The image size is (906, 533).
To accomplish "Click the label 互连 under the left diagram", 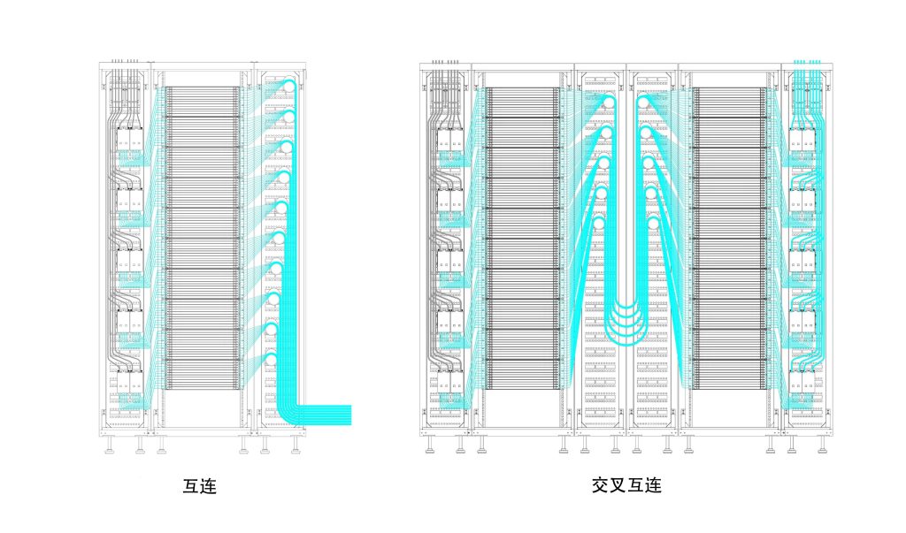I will click(200, 486).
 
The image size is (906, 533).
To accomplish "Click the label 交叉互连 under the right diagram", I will click(626, 486).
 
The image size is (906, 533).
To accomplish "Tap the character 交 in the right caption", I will click(601, 486).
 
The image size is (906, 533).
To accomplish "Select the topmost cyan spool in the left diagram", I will click(287, 87).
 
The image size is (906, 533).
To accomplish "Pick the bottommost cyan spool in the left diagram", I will click(271, 360).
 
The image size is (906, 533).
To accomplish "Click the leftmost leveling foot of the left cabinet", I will click(110, 447).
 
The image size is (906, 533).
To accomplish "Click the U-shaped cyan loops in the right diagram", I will click(626, 320).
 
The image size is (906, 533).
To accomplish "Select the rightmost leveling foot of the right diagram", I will click(821, 447).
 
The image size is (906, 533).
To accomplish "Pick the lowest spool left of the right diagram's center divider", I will click(599, 225).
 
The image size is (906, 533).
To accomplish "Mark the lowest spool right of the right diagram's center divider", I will click(654, 225).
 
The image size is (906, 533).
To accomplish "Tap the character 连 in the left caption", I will click(209, 486).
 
